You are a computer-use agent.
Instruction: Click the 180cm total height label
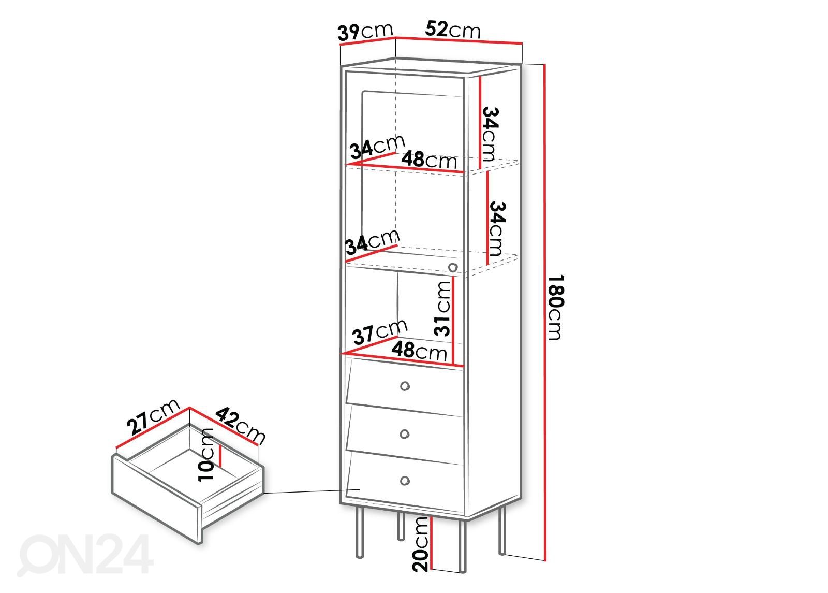(x=555, y=307)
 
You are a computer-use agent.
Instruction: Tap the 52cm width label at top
(x=453, y=29)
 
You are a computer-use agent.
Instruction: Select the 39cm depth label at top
(x=365, y=32)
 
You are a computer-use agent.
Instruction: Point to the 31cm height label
(x=443, y=308)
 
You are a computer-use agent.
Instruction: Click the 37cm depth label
(x=380, y=331)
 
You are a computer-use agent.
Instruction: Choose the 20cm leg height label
(x=420, y=543)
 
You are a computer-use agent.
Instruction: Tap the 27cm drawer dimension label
(x=153, y=416)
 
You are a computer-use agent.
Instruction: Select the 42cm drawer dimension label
(x=240, y=425)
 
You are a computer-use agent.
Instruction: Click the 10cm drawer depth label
(x=206, y=454)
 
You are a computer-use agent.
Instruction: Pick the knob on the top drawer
(x=405, y=386)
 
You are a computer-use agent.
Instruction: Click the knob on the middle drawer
(x=405, y=433)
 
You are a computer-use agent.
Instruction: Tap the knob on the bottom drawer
(x=405, y=481)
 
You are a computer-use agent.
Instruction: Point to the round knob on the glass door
(x=453, y=267)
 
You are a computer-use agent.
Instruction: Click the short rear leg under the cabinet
(x=401, y=526)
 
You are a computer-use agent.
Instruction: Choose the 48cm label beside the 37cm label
(x=419, y=351)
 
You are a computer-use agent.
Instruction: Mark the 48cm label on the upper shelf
(x=429, y=160)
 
